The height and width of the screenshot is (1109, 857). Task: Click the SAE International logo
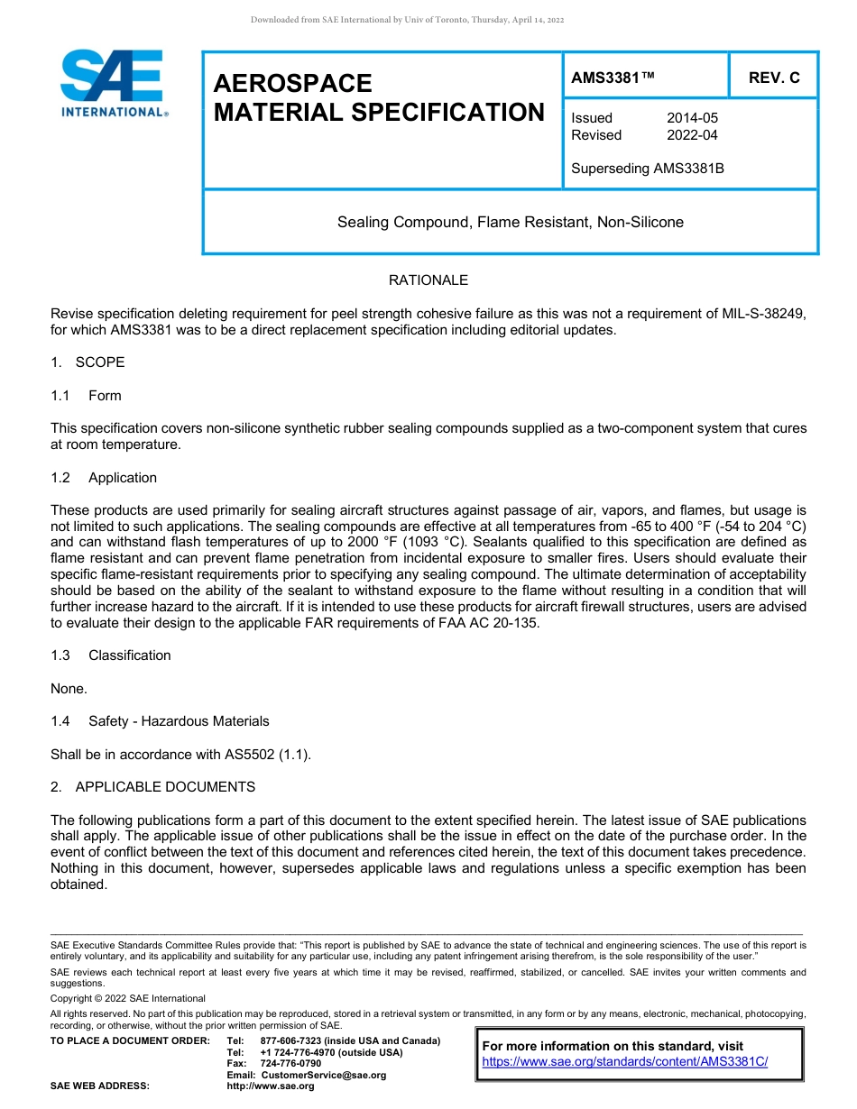click(x=113, y=83)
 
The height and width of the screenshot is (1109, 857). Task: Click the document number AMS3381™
click(x=613, y=78)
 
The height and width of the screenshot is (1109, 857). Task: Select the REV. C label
click(x=773, y=78)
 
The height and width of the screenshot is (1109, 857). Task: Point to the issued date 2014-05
click(x=692, y=118)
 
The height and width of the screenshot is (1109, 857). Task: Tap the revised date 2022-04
click(x=692, y=135)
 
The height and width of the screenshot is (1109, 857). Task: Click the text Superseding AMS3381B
click(x=648, y=168)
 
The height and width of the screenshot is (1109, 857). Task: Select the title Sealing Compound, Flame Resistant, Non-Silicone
click(x=510, y=222)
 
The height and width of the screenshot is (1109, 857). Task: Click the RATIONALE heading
click(x=428, y=280)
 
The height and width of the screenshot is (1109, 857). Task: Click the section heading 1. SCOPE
click(x=88, y=362)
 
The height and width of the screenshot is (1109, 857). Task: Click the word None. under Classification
click(x=69, y=689)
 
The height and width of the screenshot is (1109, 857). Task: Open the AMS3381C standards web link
click(x=625, y=1062)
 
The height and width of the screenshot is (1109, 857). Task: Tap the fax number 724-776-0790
click(x=290, y=1064)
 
